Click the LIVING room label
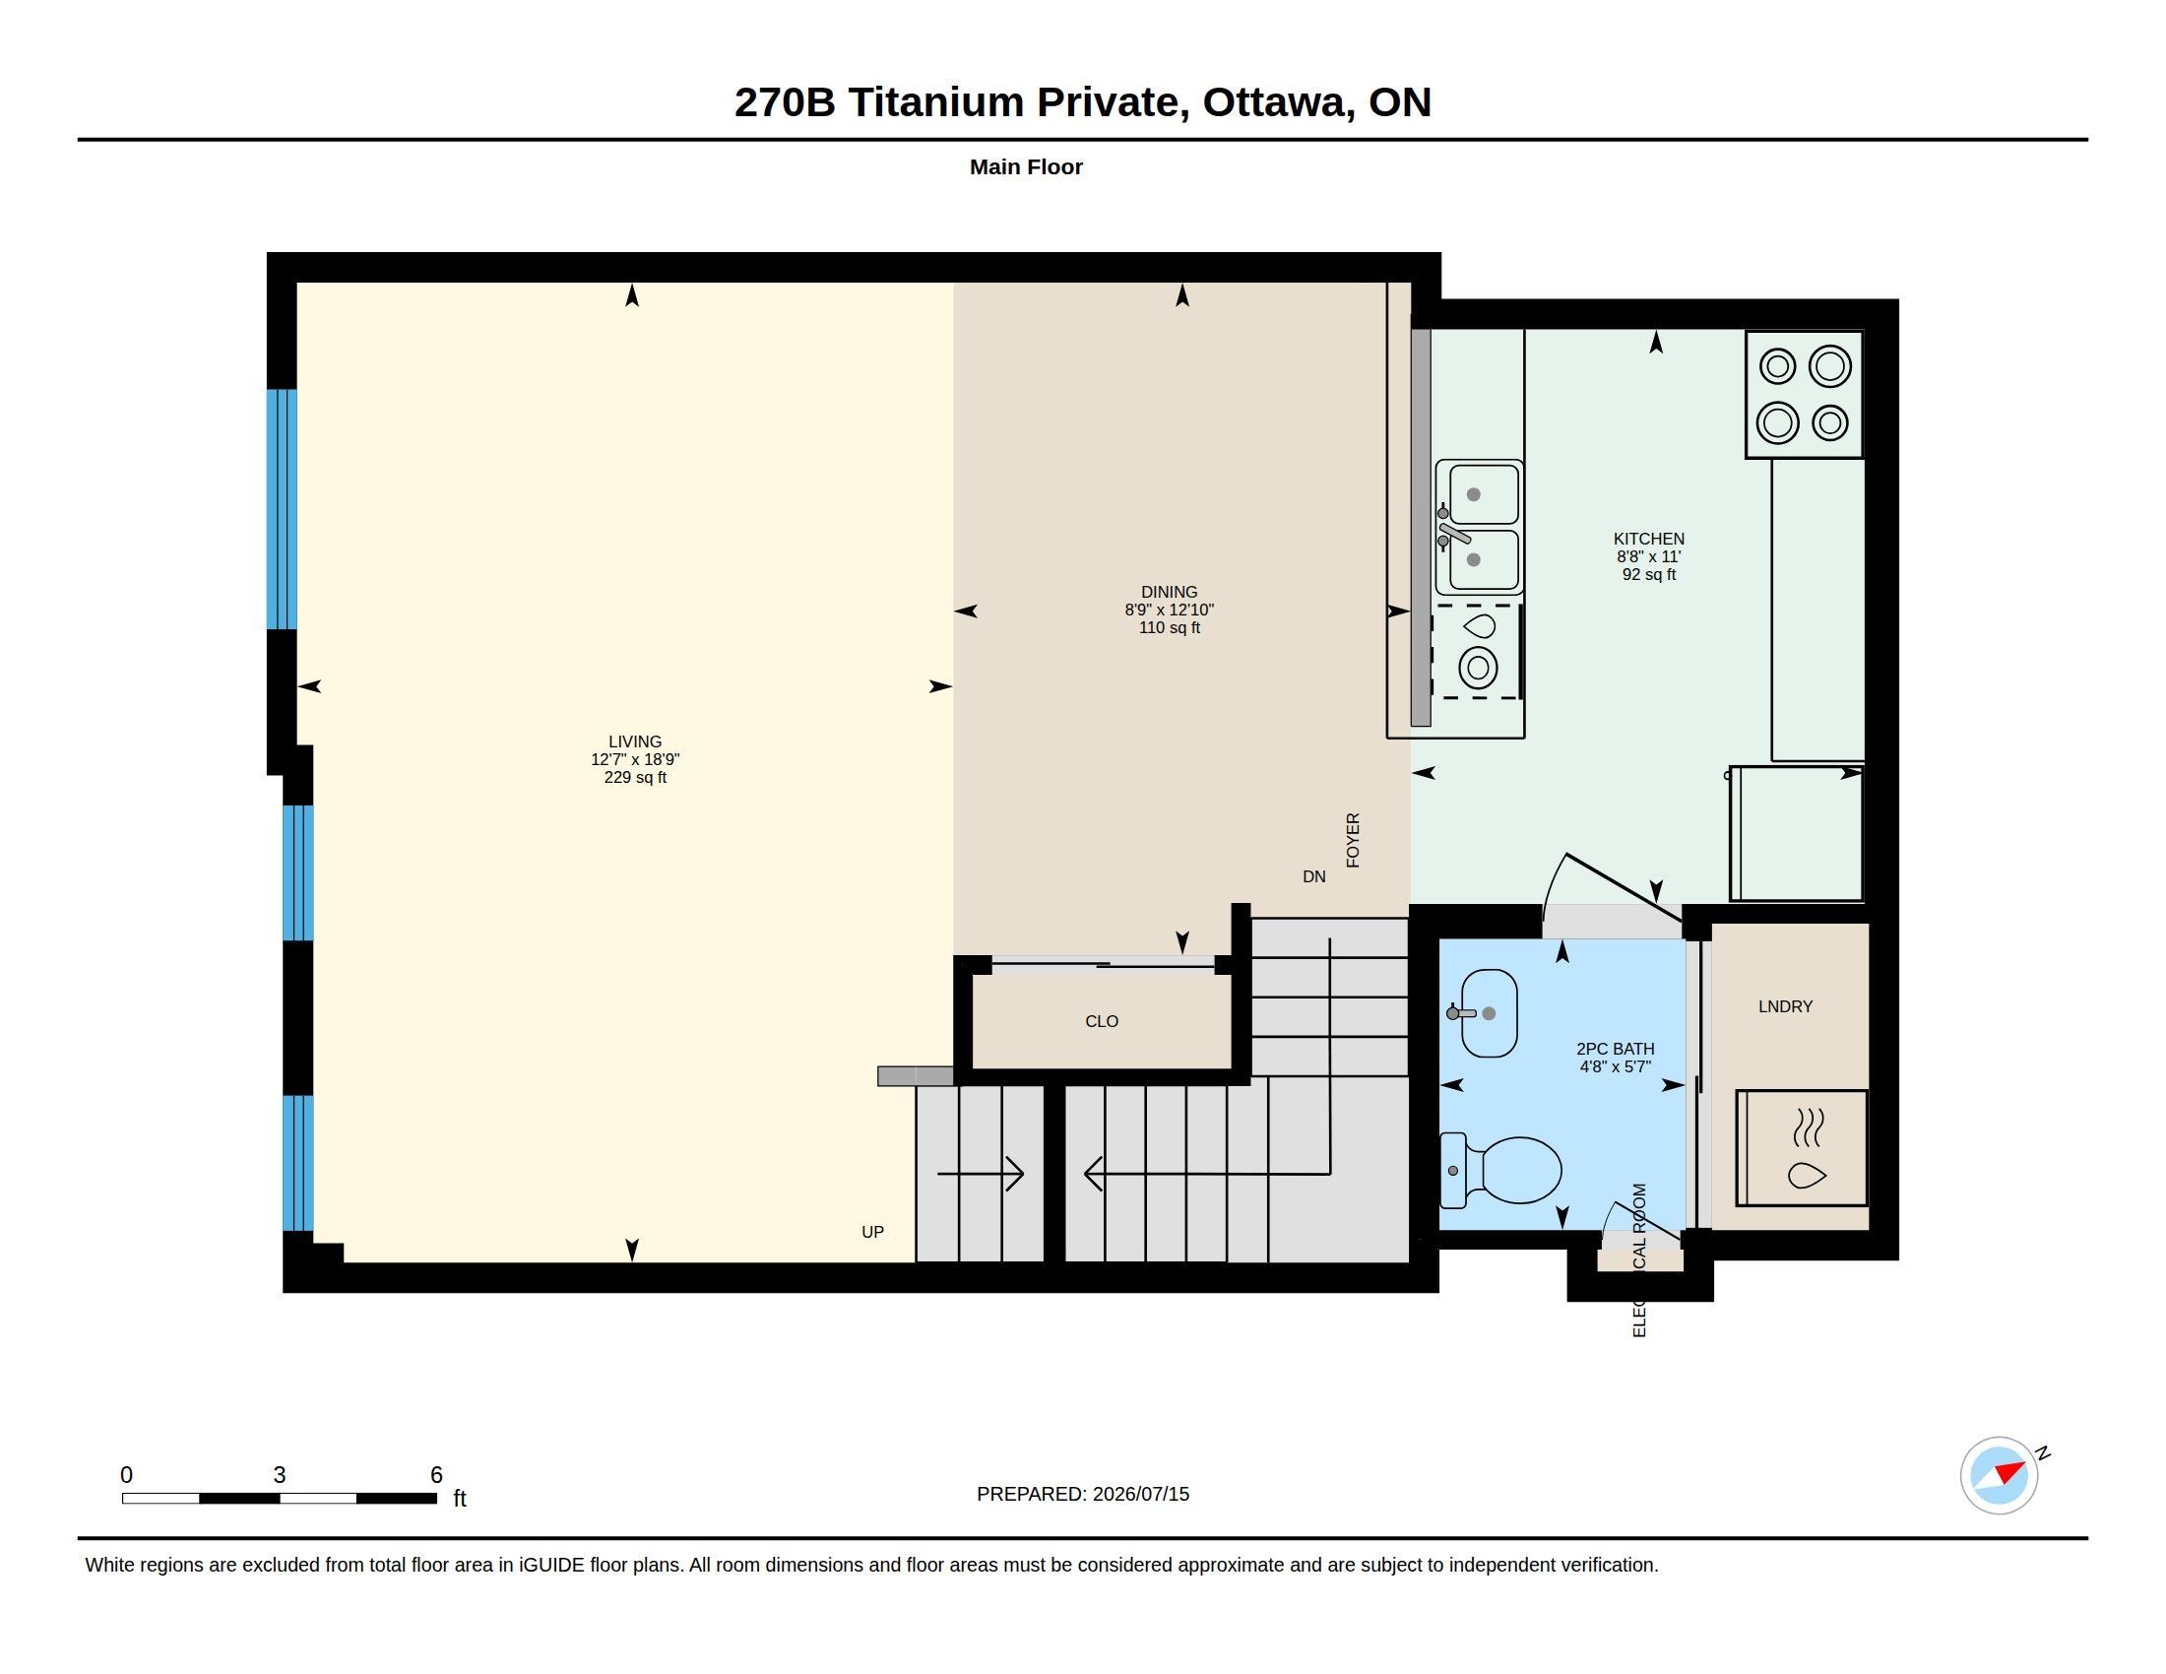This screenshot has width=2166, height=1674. click(635, 741)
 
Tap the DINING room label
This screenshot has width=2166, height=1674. click(1170, 592)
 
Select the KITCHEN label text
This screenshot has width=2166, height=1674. click(1648, 540)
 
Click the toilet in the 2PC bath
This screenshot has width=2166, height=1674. click(1499, 1170)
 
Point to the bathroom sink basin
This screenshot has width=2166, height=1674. click(1489, 1012)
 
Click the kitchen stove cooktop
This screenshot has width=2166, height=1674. click(1804, 395)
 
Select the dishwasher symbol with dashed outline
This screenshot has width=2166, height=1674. click(1477, 651)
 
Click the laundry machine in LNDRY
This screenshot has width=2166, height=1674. click(1801, 1147)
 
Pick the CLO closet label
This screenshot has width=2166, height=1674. click(1102, 1021)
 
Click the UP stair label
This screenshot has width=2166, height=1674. click(872, 1232)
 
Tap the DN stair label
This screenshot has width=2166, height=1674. click(1314, 876)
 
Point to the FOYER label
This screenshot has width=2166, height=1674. click(1353, 840)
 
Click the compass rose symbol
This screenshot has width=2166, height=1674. click(1999, 1475)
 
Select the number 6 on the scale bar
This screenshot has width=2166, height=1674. click(436, 1475)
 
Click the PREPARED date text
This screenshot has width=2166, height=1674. click(1083, 1494)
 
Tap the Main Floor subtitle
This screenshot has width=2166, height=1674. click(1027, 166)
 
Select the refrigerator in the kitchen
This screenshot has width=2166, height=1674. click(1796, 833)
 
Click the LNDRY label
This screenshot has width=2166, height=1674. click(1785, 1006)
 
